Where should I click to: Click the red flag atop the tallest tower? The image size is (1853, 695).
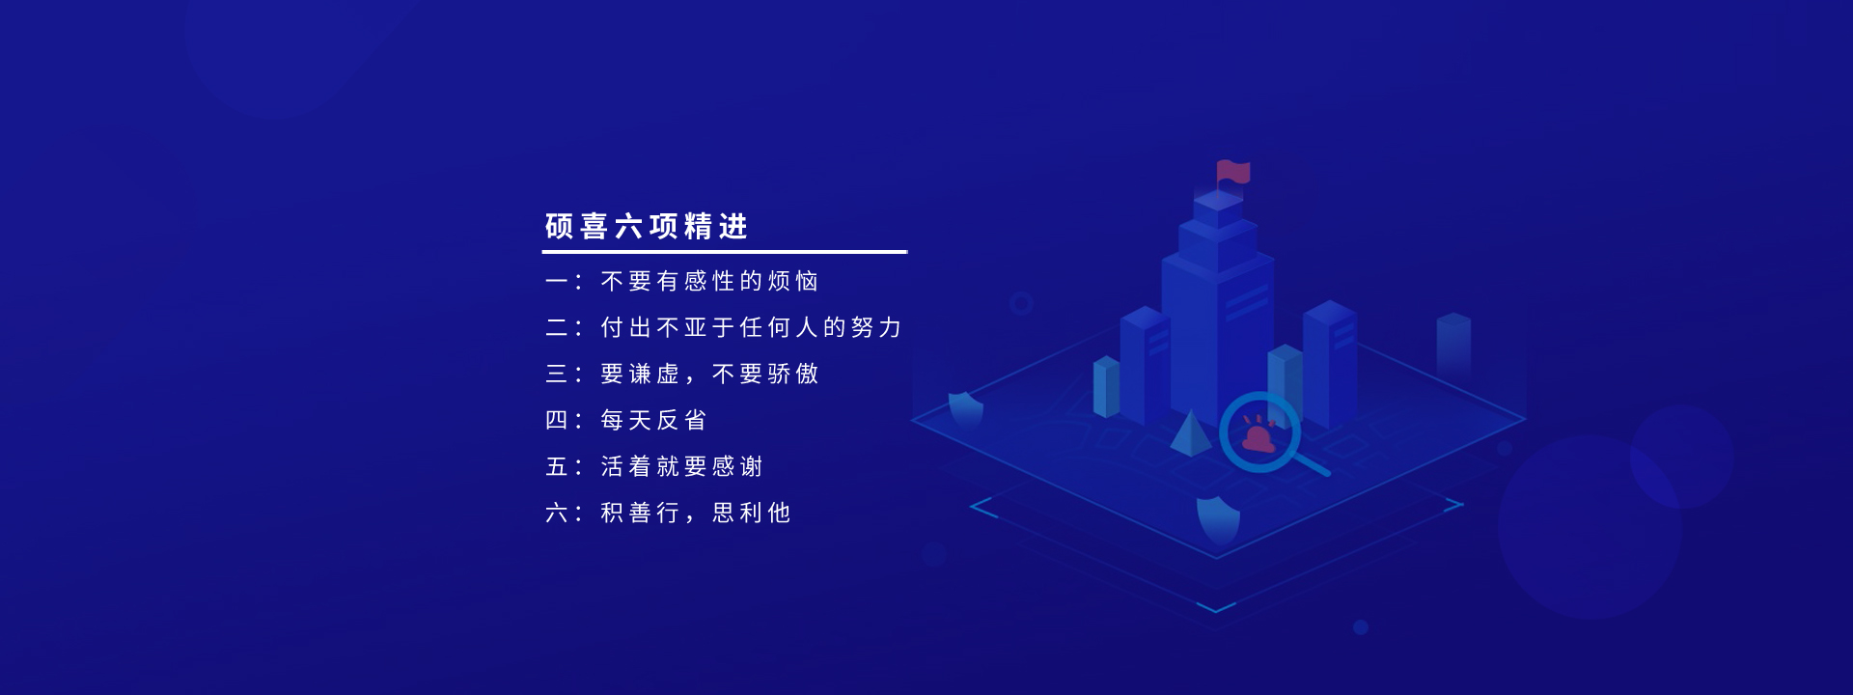(1233, 173)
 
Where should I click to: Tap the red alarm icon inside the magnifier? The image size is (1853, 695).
(1258, 436)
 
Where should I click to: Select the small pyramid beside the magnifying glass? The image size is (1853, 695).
(1190, 432)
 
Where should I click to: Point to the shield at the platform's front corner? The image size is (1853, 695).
(1218, 519)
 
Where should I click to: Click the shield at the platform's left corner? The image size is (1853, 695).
(965, 409)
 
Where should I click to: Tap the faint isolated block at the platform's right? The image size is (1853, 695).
(1453, 344)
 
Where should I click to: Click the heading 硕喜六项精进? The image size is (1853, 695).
(647, 227)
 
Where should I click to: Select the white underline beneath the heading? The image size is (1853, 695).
(725, 252)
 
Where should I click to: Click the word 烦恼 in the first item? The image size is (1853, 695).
(793, 281)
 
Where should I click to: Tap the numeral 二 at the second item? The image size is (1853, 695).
(557, 327)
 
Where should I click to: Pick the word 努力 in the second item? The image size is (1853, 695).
(876, 327)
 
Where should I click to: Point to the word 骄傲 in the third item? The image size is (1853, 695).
(793, 374)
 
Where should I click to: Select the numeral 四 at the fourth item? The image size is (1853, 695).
(557, 420)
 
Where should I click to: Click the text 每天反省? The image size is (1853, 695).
(653, 420)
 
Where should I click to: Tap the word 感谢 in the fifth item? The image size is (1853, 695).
(737, 466)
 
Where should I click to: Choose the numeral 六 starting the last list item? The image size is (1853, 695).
(557, 513)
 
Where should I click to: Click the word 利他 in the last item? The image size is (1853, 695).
(765, 513)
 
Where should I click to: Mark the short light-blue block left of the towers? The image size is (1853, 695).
(1106, 386)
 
